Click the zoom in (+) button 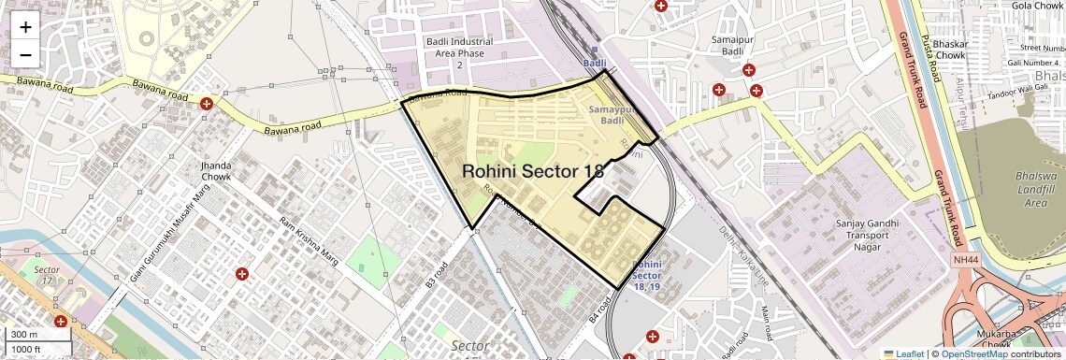click(25, 27)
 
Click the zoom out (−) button click(25, 53)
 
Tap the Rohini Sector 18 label click(533, 172)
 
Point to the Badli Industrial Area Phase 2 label click(459, 53)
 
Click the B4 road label click(600, 310)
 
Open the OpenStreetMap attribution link click(973, 353)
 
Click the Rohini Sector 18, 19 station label click(651, 276)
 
